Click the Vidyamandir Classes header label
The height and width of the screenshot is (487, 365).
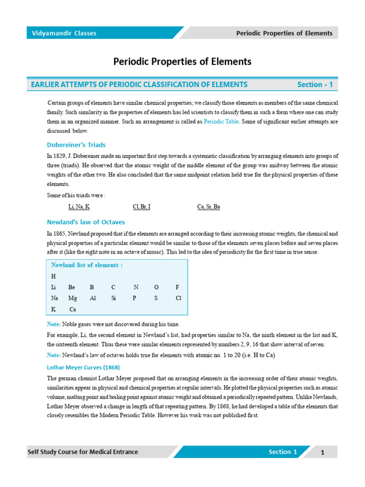click(64, 33)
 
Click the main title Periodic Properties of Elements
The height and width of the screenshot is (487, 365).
click(182, 62)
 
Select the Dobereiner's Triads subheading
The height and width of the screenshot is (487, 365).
click(76, 145)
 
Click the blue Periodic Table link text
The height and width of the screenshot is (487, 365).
click(222, 122)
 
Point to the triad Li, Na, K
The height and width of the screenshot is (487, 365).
click(79, 207)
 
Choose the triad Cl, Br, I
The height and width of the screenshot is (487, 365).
click(142, 207)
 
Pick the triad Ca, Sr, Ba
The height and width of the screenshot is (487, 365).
click(209, 207)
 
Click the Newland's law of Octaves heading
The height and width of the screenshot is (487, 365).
click(86, 222)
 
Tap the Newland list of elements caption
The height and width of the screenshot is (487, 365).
click(87, 265)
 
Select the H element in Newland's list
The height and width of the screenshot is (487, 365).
click(53, 276)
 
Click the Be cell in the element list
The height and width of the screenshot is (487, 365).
click(72, 287)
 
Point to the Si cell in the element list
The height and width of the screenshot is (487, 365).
click(114, 298)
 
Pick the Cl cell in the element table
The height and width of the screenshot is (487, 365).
click(178, 298)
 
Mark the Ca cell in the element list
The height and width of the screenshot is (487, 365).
click(73, 309)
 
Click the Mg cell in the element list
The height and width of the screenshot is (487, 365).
click(72, 298)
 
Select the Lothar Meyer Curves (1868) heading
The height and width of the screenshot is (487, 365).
click(83, 367)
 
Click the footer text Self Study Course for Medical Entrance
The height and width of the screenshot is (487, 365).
click(83, 452)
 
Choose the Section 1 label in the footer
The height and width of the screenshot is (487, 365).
click(283, 452)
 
